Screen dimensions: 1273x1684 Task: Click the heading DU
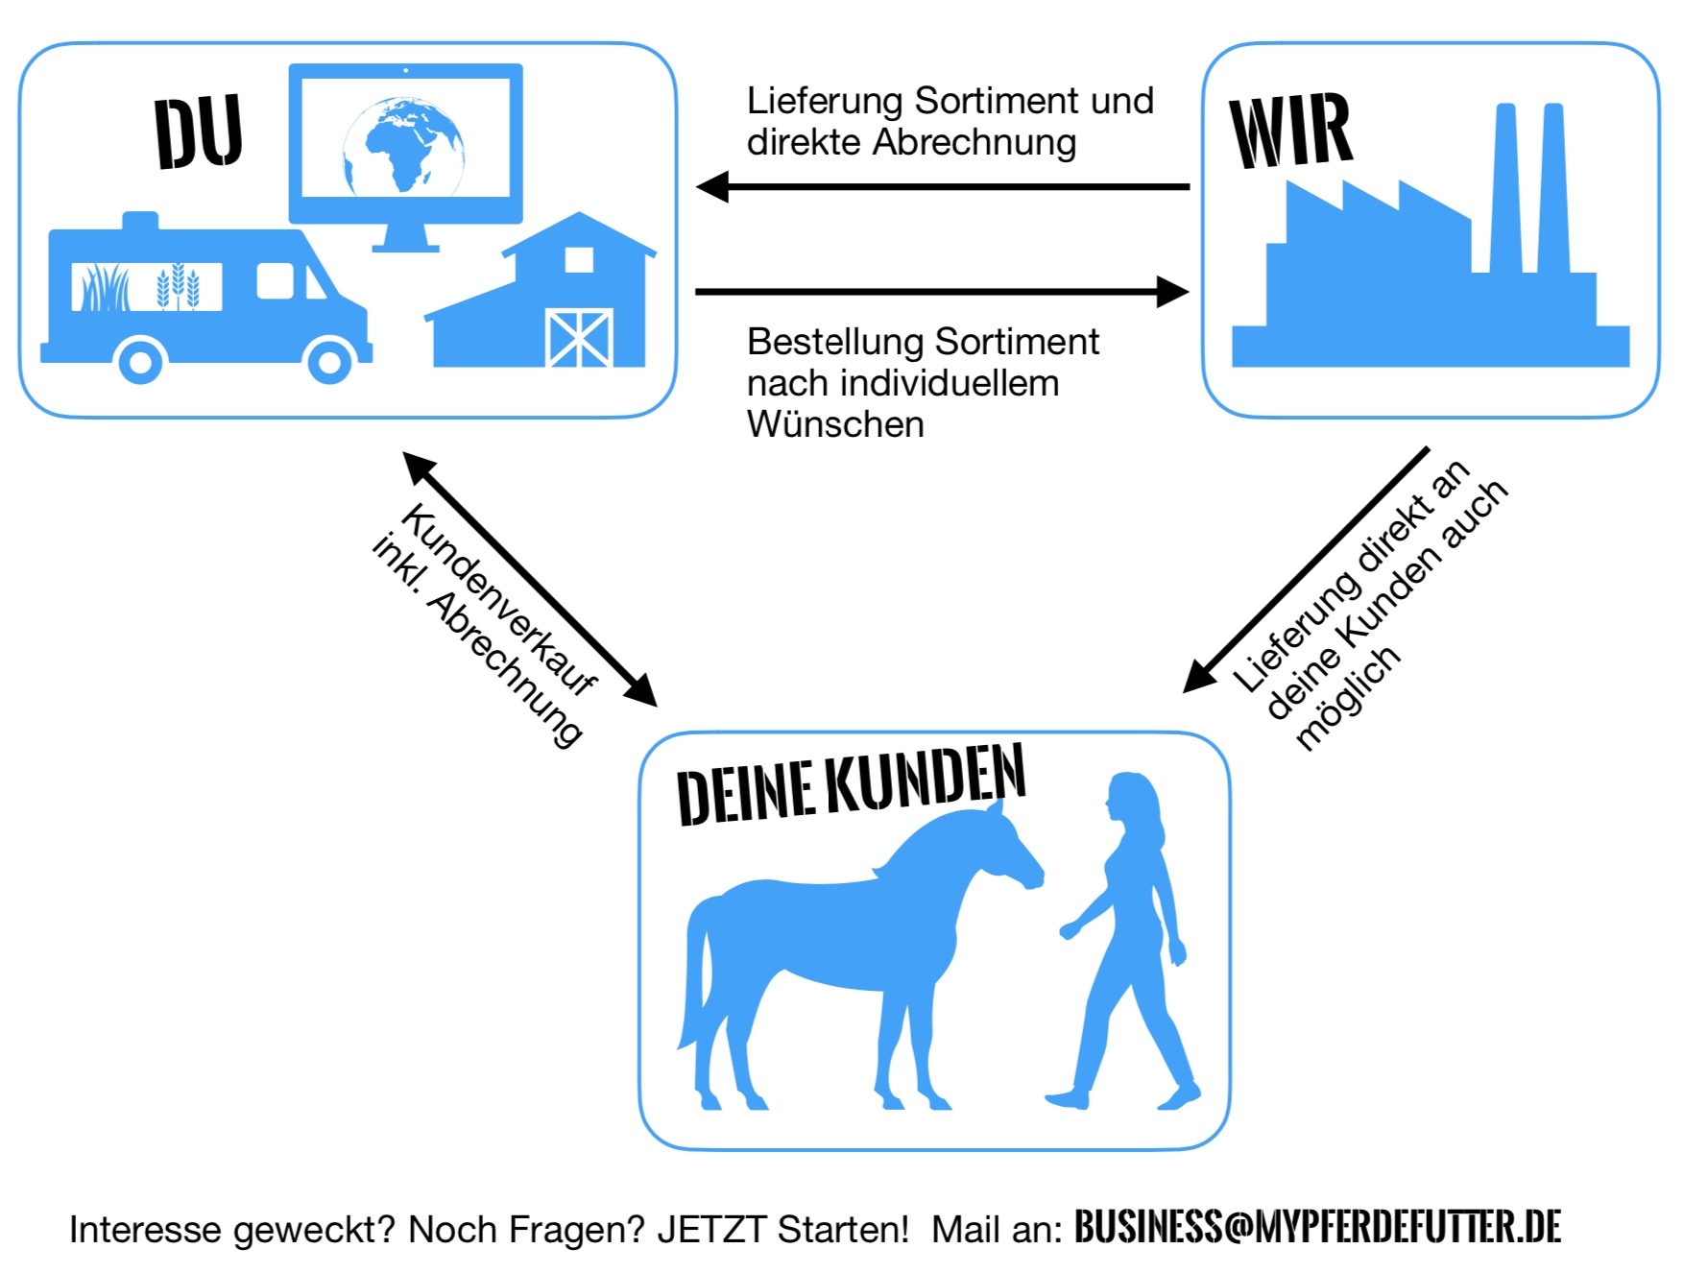point(198,132)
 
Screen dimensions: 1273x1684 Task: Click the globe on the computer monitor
point(404,145)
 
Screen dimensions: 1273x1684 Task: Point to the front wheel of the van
point(328,362)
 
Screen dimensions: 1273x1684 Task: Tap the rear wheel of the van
point(141,362)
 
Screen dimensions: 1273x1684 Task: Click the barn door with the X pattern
point(579,337)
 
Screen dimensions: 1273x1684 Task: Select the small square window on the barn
point(579,259)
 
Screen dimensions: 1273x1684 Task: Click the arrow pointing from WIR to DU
point(941,186)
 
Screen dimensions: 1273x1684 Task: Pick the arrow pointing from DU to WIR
point(941,291)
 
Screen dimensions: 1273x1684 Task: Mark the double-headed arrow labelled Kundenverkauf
point(530,579)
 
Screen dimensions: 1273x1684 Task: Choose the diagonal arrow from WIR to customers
point(1306,569)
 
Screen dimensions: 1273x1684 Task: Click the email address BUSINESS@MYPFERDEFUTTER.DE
point(1317,1227)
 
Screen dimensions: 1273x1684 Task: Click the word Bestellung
point(835,342)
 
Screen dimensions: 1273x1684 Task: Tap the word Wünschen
point(835,424)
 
